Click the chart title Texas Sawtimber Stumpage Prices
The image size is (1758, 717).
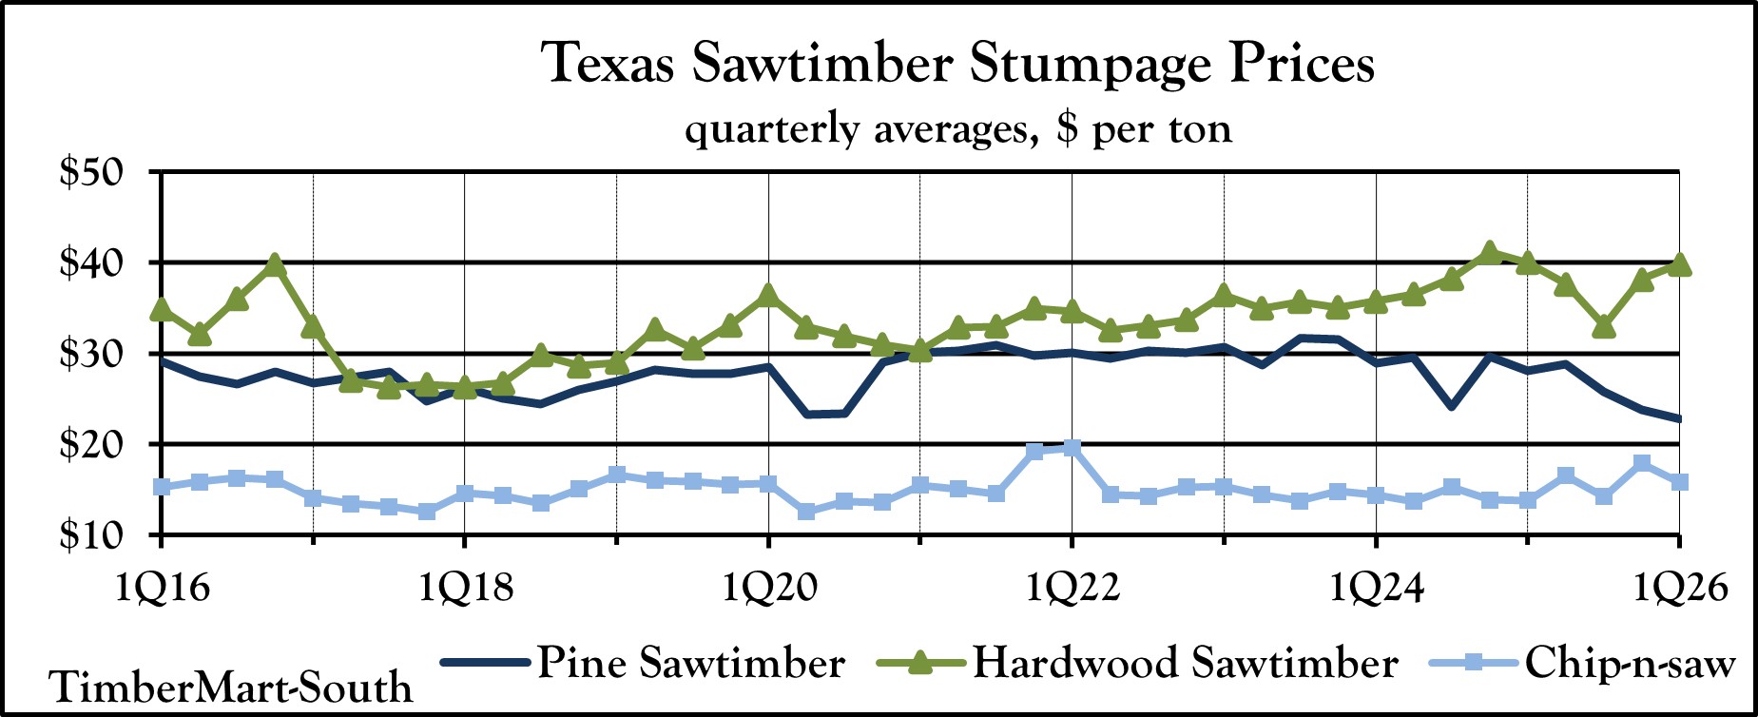[957, 65]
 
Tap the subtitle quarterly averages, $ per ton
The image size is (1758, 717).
[957, 129]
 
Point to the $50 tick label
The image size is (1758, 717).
[91, 173]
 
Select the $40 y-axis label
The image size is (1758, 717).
[91, 263]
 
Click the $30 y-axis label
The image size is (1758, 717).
[91, 355]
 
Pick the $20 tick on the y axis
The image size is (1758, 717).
[91, 445]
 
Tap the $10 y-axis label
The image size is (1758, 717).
[91, 535]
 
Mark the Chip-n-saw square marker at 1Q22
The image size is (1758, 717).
[1072, 448]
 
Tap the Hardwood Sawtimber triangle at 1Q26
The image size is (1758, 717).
[1679, 265]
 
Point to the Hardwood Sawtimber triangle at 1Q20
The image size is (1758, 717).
[768, 295]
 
